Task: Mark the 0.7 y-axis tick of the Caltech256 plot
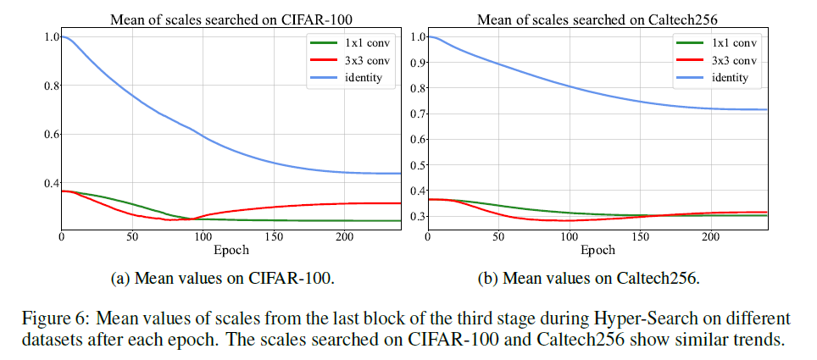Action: [x=415, y=114]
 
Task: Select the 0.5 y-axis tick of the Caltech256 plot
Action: [x=415, y=165]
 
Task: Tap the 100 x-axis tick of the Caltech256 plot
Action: [x=569, y=238]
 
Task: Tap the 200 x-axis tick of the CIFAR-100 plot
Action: [x=344, y=238]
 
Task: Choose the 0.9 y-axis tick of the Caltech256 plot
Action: [x=415, y=62]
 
